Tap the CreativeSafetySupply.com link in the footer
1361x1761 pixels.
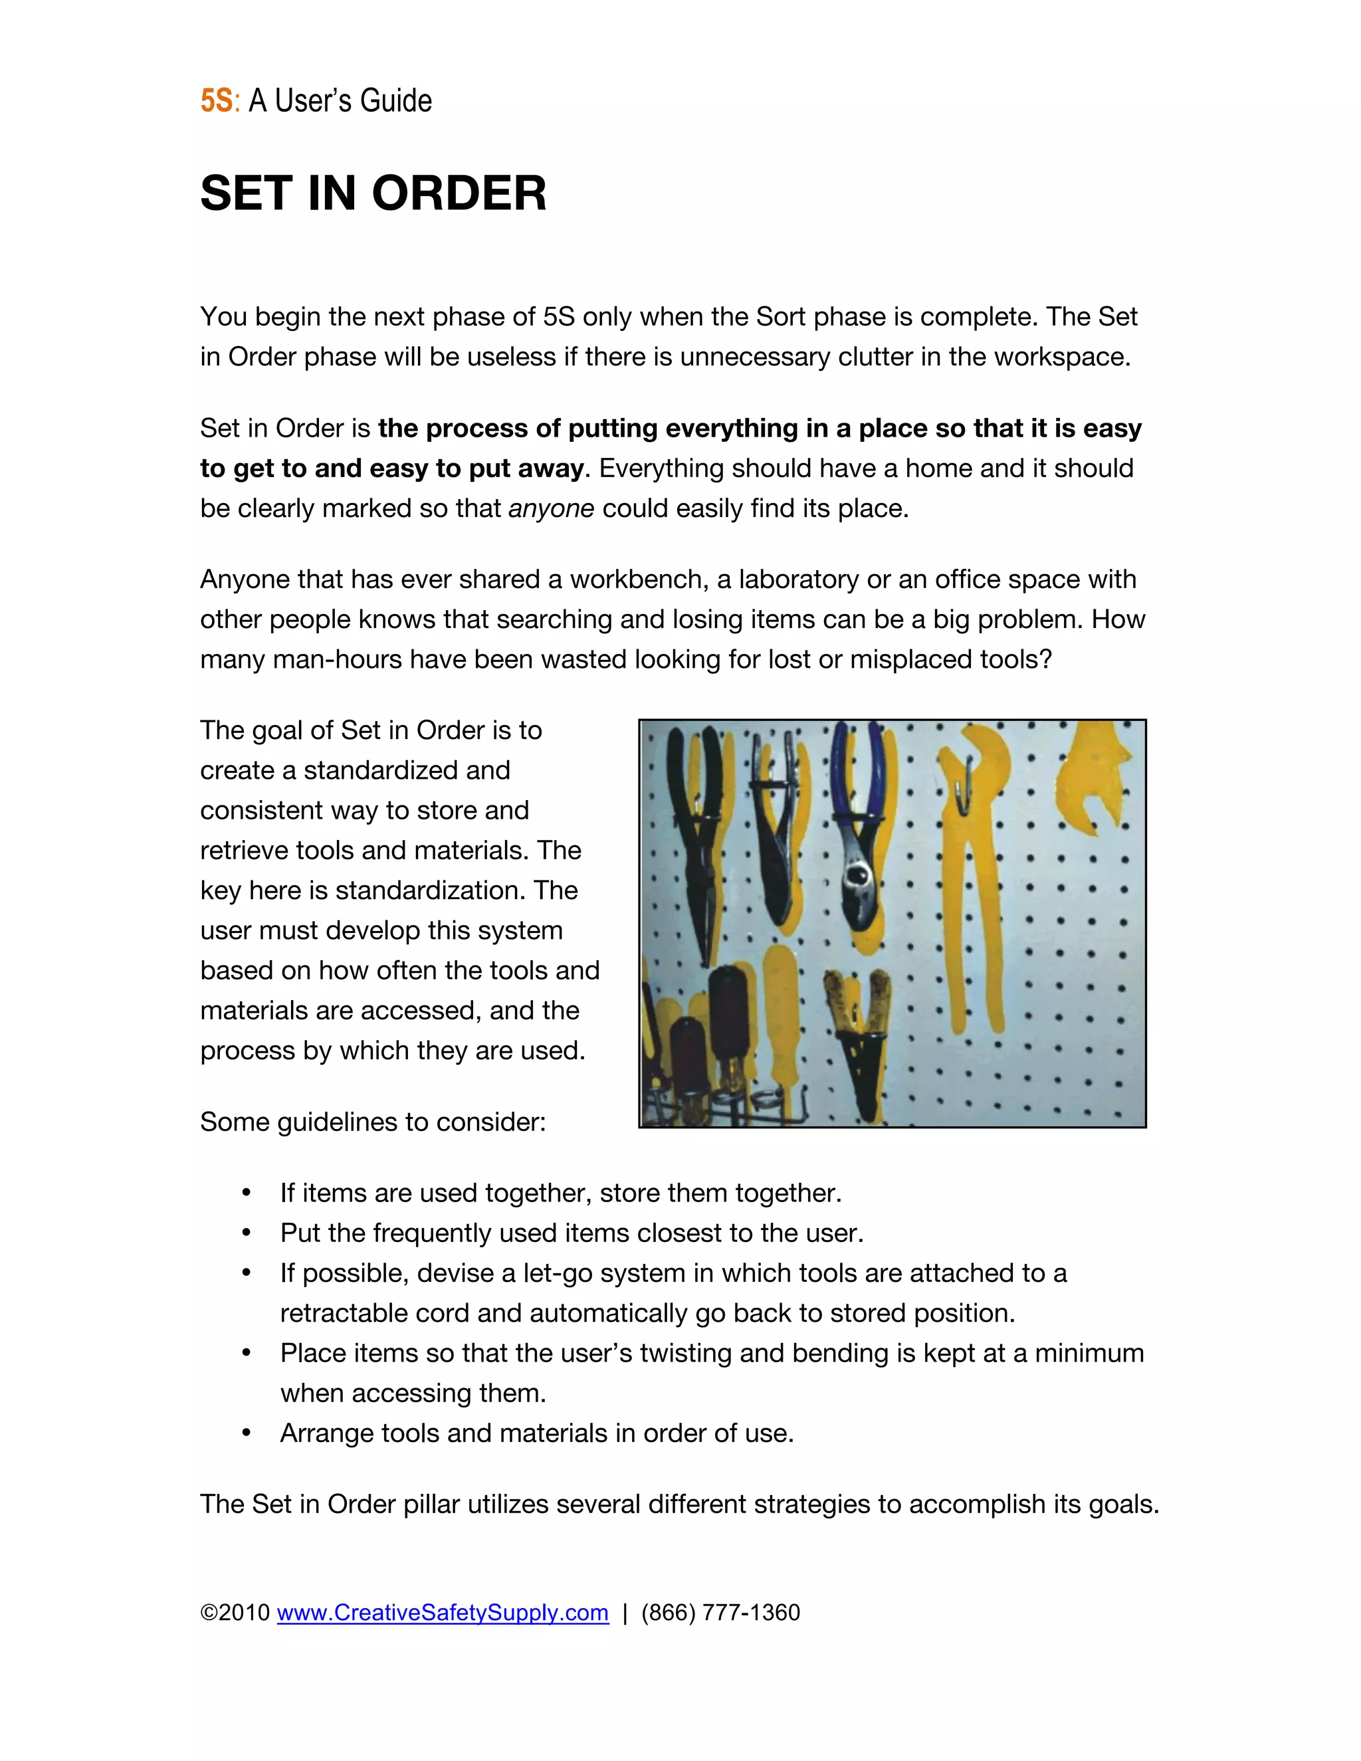(443, 1613)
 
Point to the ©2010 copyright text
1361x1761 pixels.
(235, 1613)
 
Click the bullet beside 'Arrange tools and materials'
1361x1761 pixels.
(247, 1433)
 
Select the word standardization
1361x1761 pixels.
(428, 891)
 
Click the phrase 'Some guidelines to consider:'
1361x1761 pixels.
(373, 1122)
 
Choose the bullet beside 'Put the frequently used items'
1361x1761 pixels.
(247, 1233)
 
